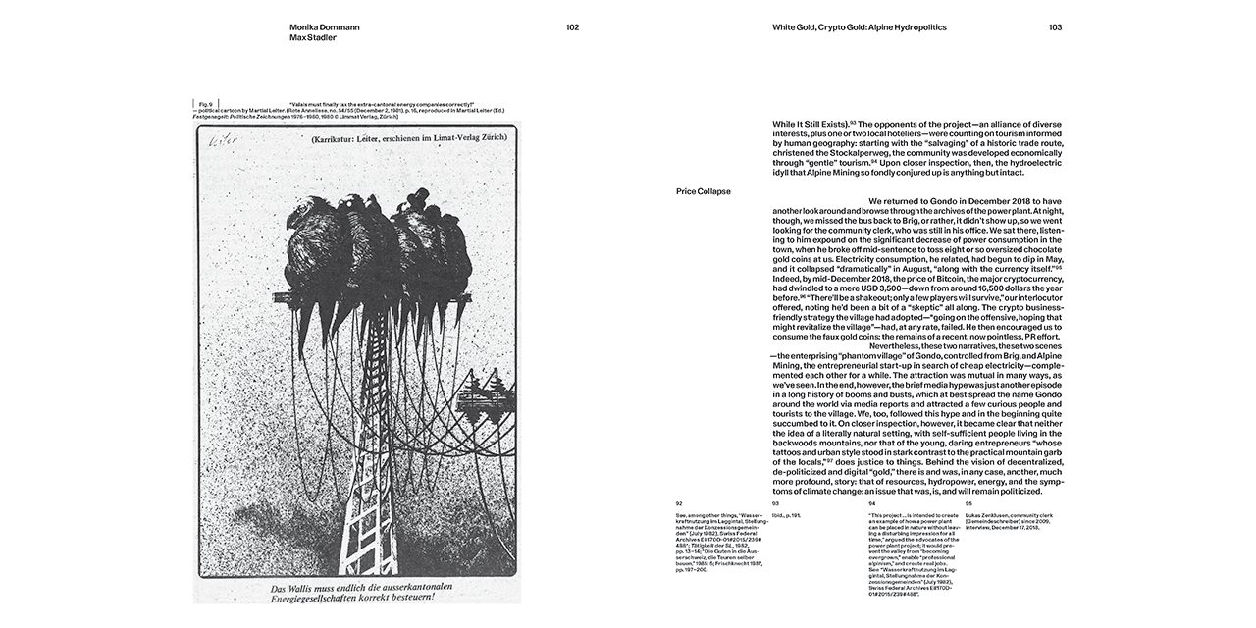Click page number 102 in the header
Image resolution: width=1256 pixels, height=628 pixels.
point(572,27)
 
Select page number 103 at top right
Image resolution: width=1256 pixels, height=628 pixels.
point(1055,27)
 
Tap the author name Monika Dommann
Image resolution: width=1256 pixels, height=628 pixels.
point(325,27)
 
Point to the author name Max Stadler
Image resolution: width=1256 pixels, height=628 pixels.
point(313,38)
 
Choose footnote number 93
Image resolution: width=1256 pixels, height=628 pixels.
point(775,503)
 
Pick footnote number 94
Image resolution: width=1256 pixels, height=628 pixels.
point(872,503)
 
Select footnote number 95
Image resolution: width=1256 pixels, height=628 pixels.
point(968,503)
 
